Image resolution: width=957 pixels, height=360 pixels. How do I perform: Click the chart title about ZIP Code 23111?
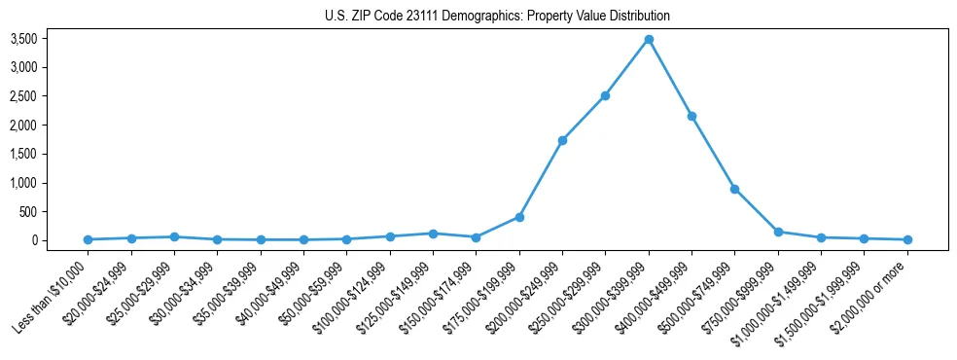point(497,16)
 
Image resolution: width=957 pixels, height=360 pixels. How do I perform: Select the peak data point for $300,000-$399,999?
point(649,40)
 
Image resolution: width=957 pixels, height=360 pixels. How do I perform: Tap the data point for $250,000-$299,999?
point(605,95)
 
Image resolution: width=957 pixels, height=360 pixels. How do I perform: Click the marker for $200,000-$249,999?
point(562,140)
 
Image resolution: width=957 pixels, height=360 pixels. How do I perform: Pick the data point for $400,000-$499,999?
point(691,116)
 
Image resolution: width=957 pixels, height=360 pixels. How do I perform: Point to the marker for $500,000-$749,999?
point(734,189)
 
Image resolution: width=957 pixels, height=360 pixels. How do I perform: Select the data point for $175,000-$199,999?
point(519,217)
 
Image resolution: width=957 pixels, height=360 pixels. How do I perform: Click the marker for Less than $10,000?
point(88,239)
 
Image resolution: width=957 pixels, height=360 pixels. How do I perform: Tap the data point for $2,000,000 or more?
point(907,239)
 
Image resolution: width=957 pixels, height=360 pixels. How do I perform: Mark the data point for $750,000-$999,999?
point(778,232)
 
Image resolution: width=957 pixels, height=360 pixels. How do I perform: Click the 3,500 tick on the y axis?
point(51,39)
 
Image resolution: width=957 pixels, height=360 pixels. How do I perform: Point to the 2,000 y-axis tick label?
point(51,126)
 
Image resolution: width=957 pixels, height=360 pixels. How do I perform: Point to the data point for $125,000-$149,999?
point(433,234)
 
